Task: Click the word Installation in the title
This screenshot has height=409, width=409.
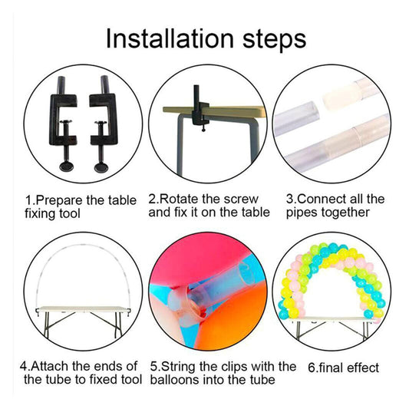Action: pyautogui.click(x=170, y=38)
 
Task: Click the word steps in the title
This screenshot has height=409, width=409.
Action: pyautogui.click(x=274, y=41)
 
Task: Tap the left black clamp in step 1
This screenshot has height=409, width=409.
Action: pyautogui.click(x=64, y=123)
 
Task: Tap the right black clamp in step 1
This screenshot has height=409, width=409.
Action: pyautogui.click(x=104, y=123)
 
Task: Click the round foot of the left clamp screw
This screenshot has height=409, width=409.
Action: pyautogui.click(x=66, y=167)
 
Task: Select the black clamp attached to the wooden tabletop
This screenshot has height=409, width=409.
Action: pyautogui.click(x=200, y=107)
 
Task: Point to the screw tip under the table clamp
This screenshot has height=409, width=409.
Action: pyautogui.click(x=203, y=128)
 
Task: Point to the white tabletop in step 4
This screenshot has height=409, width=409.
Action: pyautogui.click(x=83, y=308)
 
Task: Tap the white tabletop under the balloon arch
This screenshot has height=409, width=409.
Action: pyautogui.click(x=331, y=319)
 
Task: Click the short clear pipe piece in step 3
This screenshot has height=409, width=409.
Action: pyautogui.click(x=297, y=118)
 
